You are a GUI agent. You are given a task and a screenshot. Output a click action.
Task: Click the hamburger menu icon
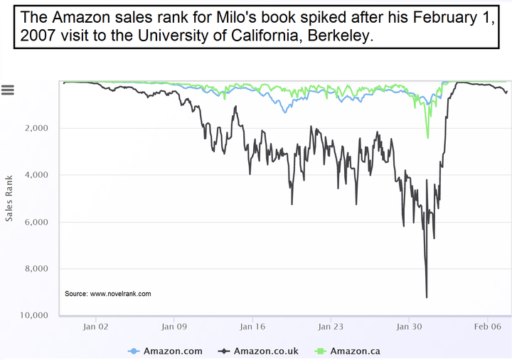click(x=8, y=90)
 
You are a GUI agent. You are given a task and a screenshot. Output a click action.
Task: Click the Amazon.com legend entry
click(x=165, y=351)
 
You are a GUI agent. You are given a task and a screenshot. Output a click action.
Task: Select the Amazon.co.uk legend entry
click(x=258, y=351)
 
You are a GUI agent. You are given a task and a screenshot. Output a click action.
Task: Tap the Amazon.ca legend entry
click(x=348, y=351)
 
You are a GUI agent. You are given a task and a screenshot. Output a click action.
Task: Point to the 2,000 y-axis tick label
click(x=36, y=128)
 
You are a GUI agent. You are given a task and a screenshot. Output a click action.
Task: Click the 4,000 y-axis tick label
click(x=36, y=175)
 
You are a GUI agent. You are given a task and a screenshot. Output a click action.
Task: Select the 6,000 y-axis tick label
click(x=36, y=222)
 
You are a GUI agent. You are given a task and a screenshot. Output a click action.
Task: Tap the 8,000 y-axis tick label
click(x=36, y=268)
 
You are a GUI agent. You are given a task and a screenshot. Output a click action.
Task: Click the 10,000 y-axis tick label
click(x=34, y=315)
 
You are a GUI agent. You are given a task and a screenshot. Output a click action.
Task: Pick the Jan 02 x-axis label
click(x=96, y=327)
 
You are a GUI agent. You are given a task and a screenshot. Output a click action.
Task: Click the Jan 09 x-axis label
click(x=174, y=327)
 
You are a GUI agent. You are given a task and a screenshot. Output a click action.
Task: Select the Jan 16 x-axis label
click(x=252, y=327)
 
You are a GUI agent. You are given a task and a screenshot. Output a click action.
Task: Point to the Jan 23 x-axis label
click(x=331, y=327)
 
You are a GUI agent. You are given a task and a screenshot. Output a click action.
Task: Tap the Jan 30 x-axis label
click(x=409, y=327)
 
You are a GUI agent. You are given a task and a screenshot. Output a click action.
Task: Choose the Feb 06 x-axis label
click(x=488, y=327)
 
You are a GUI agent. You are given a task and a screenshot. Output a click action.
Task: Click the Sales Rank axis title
click(x=9, y=198)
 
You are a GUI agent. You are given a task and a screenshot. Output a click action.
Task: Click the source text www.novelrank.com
click(x=120, y=294)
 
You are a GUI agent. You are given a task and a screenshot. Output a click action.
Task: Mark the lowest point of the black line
click(x=427, y=297)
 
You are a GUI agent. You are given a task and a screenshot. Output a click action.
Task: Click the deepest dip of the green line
click(x=428, y=138)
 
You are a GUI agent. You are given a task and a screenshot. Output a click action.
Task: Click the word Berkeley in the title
click(x=340, y=36)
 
